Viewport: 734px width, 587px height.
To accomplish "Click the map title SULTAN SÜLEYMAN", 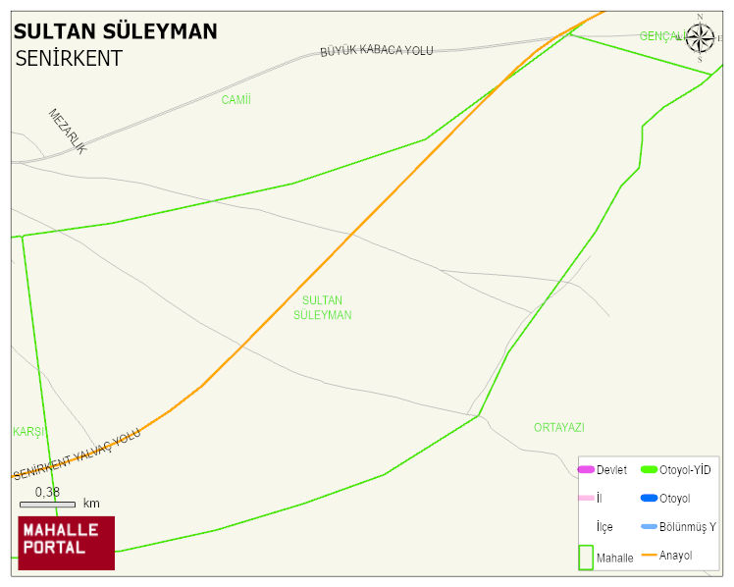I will click(116, 31).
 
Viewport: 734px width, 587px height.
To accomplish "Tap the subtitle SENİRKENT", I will click(69, 58).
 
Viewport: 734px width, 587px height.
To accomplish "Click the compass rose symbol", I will click(700, 38).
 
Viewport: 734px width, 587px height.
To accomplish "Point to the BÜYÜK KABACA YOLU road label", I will click(377, 50).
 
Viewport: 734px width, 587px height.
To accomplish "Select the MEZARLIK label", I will click(68, 131).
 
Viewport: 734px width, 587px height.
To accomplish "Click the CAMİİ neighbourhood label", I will click(236, 100).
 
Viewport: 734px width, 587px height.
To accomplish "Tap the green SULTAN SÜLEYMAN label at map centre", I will click(322, 307).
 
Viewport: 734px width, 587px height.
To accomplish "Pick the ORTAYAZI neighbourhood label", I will click(558, 428).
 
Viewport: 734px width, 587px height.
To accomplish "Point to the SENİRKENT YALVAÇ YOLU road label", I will click(77, 454).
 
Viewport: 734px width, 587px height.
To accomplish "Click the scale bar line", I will click(47, 504).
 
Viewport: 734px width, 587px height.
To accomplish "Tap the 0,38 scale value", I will click(47, 492).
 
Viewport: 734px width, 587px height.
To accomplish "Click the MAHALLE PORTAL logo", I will click(67, 543).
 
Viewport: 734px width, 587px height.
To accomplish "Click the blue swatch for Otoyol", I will click(649, 499).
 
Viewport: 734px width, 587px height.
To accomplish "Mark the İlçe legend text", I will click(604, 527).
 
